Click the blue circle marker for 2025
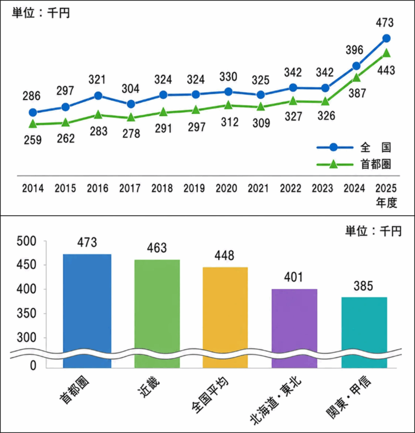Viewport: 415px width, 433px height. [x=386, y=38]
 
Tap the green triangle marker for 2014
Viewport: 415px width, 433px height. [x=33, y=124]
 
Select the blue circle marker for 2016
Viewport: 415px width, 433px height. [x=98, y=96]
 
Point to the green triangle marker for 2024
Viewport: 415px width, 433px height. [x=357, y=78]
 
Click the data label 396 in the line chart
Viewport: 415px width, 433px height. [x=354, y=50]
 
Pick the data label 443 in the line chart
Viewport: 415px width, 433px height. [x=386, y=71]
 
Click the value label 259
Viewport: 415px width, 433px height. [x=33, y=140]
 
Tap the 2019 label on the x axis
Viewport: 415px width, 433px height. [x=194, y=188]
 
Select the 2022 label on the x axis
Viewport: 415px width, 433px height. [x=290, y=188]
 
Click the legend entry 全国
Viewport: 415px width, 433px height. [x=375, y=148]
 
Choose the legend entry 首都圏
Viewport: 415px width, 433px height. [x=376, y=164]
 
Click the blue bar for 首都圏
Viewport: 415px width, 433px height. [x=87, y=311]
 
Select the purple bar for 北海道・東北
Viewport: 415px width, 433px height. [x=294, y=329]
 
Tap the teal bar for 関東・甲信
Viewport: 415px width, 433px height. [x=364, y=332]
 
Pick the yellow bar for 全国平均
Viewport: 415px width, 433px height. [x=225, y=318]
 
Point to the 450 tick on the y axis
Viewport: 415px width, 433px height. [x=26, y=265]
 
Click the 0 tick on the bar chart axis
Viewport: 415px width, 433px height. [x=33, y=365]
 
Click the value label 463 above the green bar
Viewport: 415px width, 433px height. [x=157, y=248]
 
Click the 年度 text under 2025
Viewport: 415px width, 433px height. [x=386, y=203]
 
